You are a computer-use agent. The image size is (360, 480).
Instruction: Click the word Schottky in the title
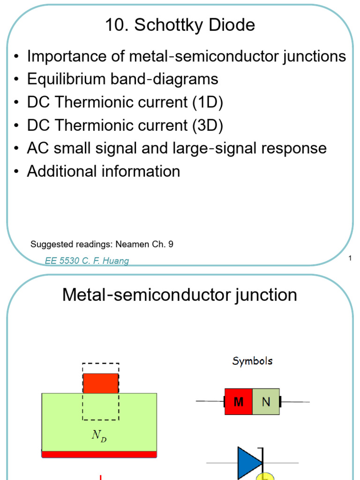tap(169, 25)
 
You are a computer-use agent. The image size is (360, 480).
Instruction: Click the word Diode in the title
tap(232, 24)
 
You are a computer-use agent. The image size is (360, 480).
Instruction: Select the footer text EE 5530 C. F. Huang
tap(87, 261)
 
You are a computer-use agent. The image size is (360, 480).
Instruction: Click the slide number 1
tap(350, 258)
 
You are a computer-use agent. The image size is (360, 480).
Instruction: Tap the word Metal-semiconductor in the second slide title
tap(147, 295)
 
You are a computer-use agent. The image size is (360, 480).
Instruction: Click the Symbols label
tap(252, 361)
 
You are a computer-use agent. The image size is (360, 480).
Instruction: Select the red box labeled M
tap(239, 402)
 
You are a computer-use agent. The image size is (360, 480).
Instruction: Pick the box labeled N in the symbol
tap(266, 402)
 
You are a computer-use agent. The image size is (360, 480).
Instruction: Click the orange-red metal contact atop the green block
tap(101, 383)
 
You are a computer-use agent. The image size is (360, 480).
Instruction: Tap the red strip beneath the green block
tap(99, 454)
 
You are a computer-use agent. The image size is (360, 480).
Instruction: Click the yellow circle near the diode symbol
tap(265, 477)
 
